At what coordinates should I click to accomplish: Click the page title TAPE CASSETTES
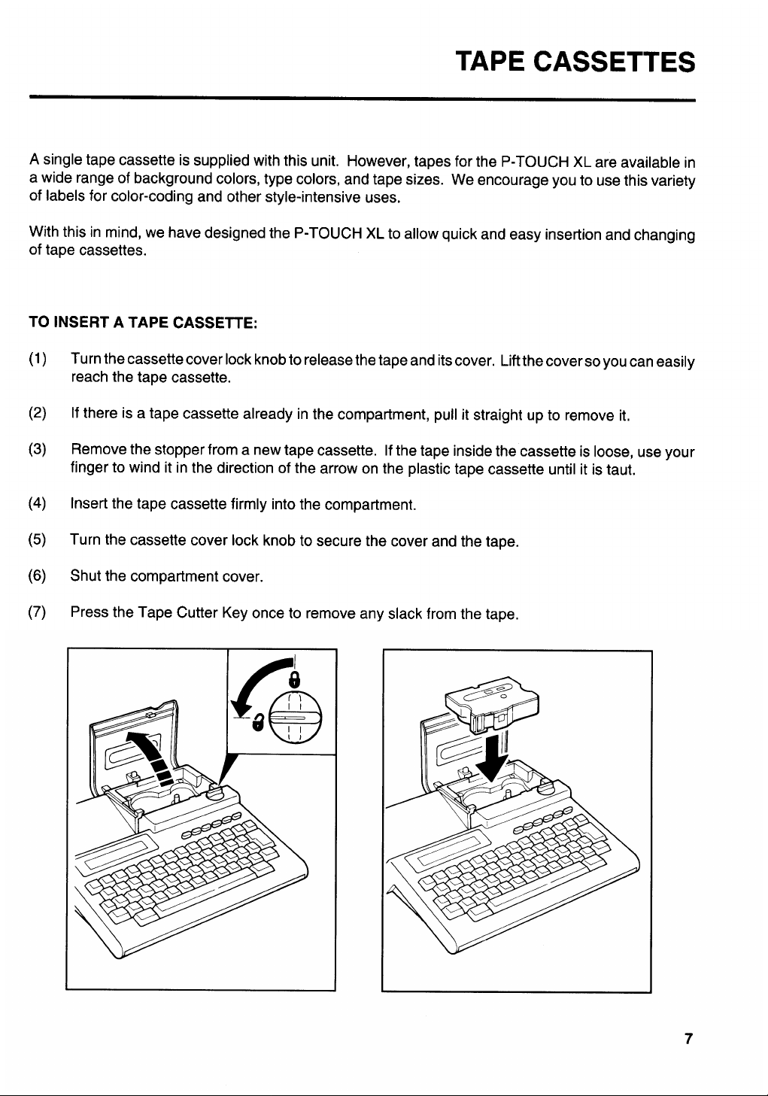[x=575, y=61]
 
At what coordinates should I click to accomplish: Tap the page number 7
[x=688, y=1039]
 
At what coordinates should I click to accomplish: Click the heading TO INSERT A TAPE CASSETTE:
[x=144, y=323]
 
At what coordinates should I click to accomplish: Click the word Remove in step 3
[x=98, y=451]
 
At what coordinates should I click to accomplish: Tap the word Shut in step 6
[x=85, y=576]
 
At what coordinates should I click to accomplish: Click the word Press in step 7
[x=89, y=612]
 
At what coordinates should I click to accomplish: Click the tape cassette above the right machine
[x=493, y=703]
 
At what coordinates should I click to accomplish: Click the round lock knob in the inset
[x=295, y=718]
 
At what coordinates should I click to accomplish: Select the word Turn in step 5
[x=84, y=540]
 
